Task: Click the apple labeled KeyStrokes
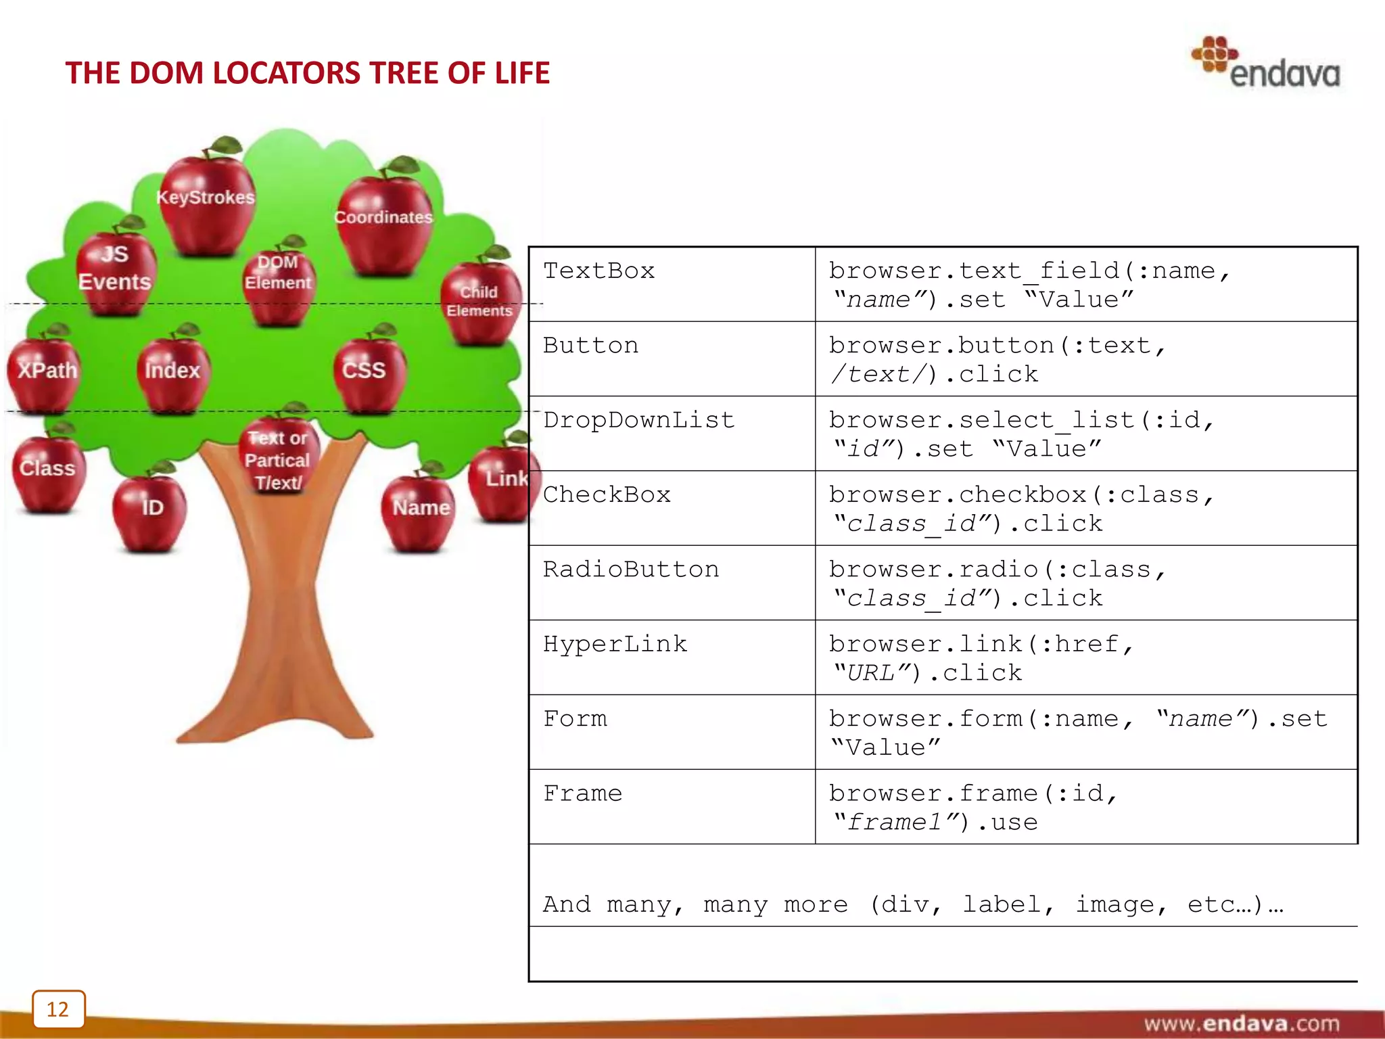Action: point(206,203)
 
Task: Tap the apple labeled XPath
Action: point(45,372)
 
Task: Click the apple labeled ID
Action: point(150,511)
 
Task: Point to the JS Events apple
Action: point(115,271)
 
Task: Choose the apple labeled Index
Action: point(172,372)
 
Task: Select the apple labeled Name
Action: point(419,511)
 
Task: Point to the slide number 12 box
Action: point(58,1009)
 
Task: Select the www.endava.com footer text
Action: point(1241,1023)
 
